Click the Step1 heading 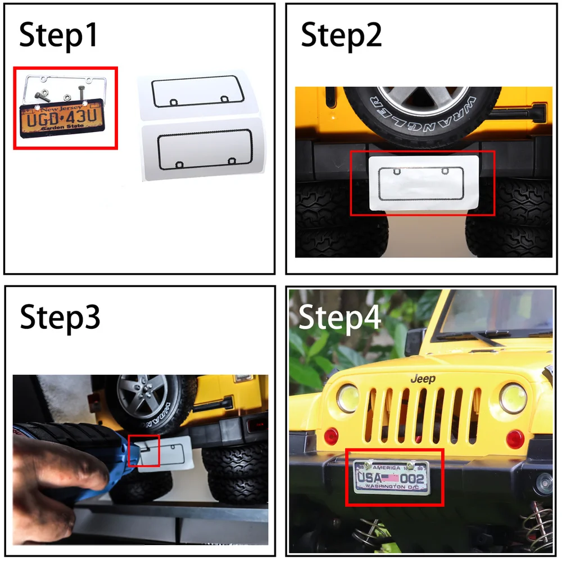pos(58,35)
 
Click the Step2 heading pos(341,35)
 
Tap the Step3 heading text pos(60,317)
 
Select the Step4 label pos(339,317)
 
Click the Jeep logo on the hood pos(423,379)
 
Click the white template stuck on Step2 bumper pos(423,182)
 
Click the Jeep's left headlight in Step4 pos(348,398)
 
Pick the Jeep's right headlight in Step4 pos(512,398)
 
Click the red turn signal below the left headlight pos(332,435)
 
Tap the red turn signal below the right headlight pos(515,438)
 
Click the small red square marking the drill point pos(144,450)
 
